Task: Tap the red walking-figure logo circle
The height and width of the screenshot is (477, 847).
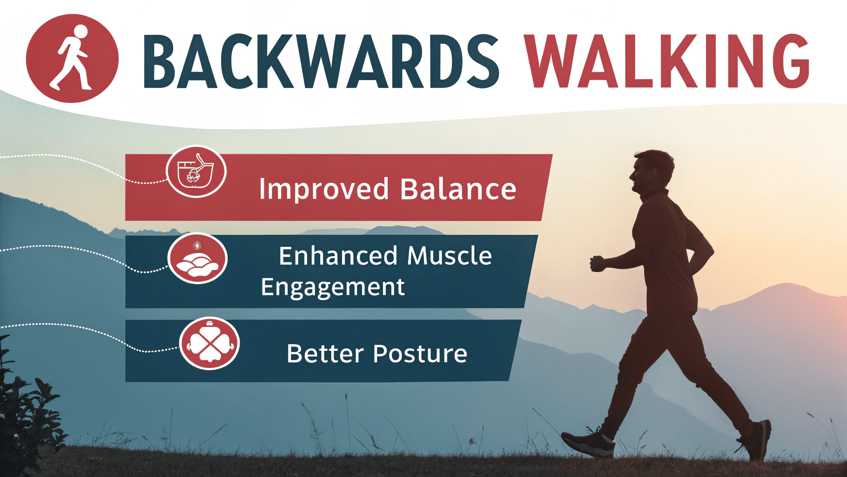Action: coord(72,58)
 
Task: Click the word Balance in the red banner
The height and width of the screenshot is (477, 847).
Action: coord(458,189)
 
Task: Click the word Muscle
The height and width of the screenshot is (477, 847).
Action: coord(450,256)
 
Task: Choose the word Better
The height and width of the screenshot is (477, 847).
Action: coord(324,354)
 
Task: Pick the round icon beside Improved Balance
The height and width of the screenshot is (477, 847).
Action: coord(196,171)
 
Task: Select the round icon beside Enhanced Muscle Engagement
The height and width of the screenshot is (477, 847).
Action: coord(197,259)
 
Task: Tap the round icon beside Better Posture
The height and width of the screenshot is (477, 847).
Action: coord(209,344)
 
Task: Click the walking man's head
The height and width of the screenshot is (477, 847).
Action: coord(651,171)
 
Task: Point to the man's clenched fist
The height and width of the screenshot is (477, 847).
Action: coord(598,263)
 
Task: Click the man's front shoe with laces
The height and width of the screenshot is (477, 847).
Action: coord(588,442)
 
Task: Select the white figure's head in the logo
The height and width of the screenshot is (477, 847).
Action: coord(81,32)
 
